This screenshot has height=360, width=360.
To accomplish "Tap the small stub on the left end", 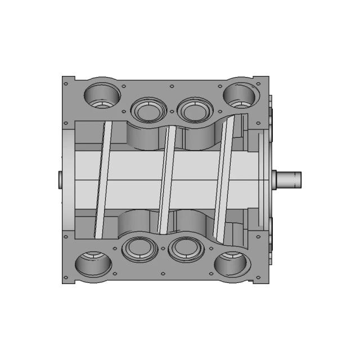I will tap(60, 179).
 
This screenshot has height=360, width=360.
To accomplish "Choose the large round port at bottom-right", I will tap(231, 263).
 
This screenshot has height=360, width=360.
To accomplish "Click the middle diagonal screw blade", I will tap(164, 180).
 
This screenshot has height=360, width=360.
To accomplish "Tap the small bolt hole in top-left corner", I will tap(66, 84).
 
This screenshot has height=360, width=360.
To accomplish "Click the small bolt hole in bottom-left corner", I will tap(66, 276).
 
